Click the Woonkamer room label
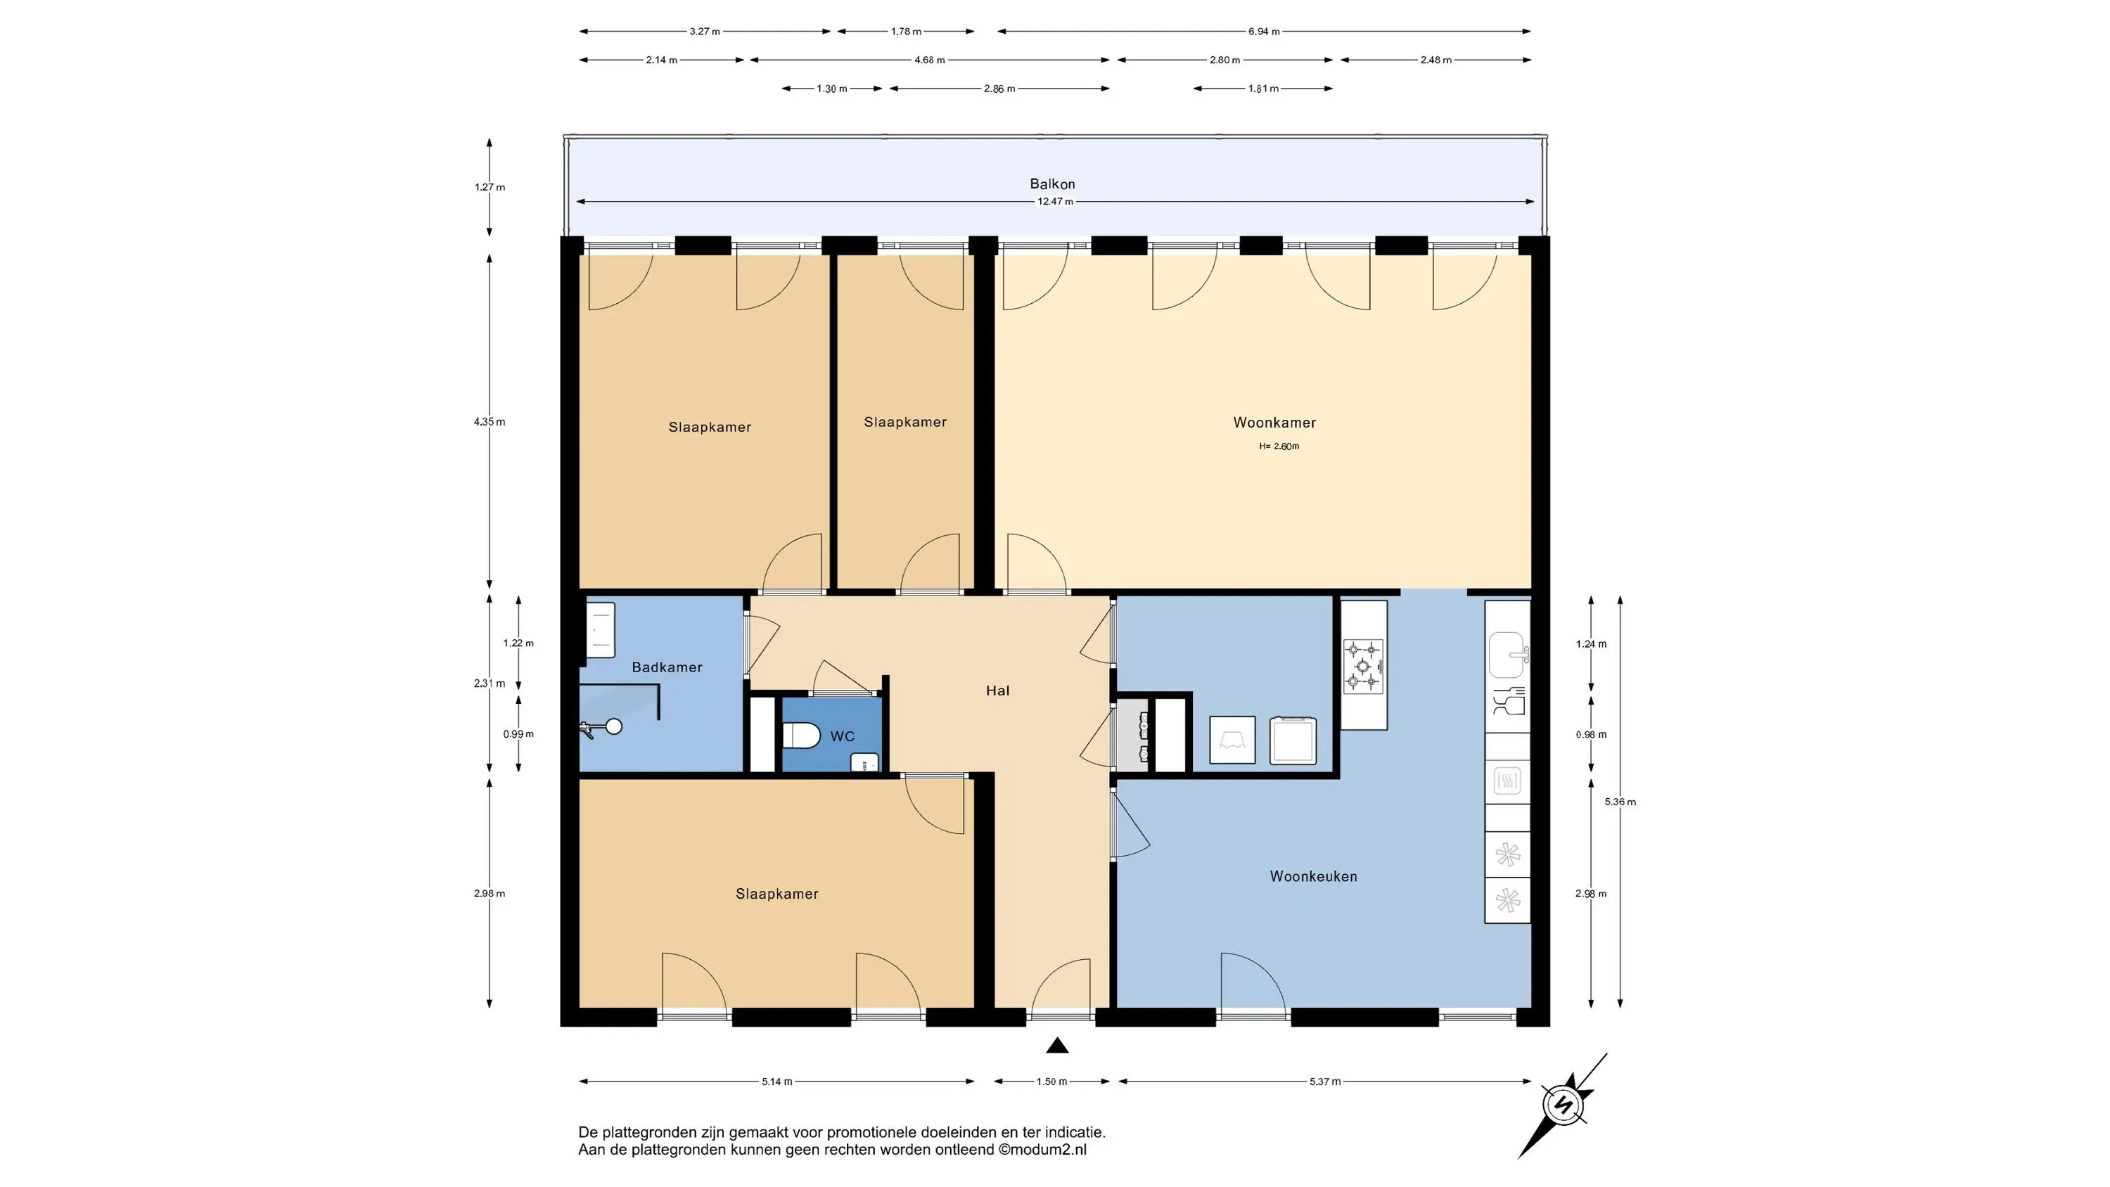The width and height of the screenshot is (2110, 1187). [x=1274, y=423]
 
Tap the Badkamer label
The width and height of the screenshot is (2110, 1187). [x=667, y=667]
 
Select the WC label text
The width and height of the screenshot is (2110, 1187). [x=842, y=736]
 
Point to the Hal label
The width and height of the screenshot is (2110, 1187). [x=997, y=691]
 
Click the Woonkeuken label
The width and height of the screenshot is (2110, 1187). [x=1314, y=876]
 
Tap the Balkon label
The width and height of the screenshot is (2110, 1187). [x=1053, y=184]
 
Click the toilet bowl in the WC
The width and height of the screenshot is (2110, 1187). [x=801, y=736]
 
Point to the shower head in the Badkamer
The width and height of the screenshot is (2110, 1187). [x=612, y=726]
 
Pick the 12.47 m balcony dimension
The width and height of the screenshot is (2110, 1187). [x=1055, y=202]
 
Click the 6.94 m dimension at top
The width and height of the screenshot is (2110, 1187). [x=1264, y=32]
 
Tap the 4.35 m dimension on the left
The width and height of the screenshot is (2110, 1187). [x=490, y=422]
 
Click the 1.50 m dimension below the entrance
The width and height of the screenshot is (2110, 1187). [x=1051, y=1082]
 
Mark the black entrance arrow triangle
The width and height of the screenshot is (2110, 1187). [x=1057, y=1045]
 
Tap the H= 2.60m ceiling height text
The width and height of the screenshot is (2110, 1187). [x=1279, y=447]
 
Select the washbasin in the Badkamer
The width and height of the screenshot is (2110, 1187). [x=601, y=630]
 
